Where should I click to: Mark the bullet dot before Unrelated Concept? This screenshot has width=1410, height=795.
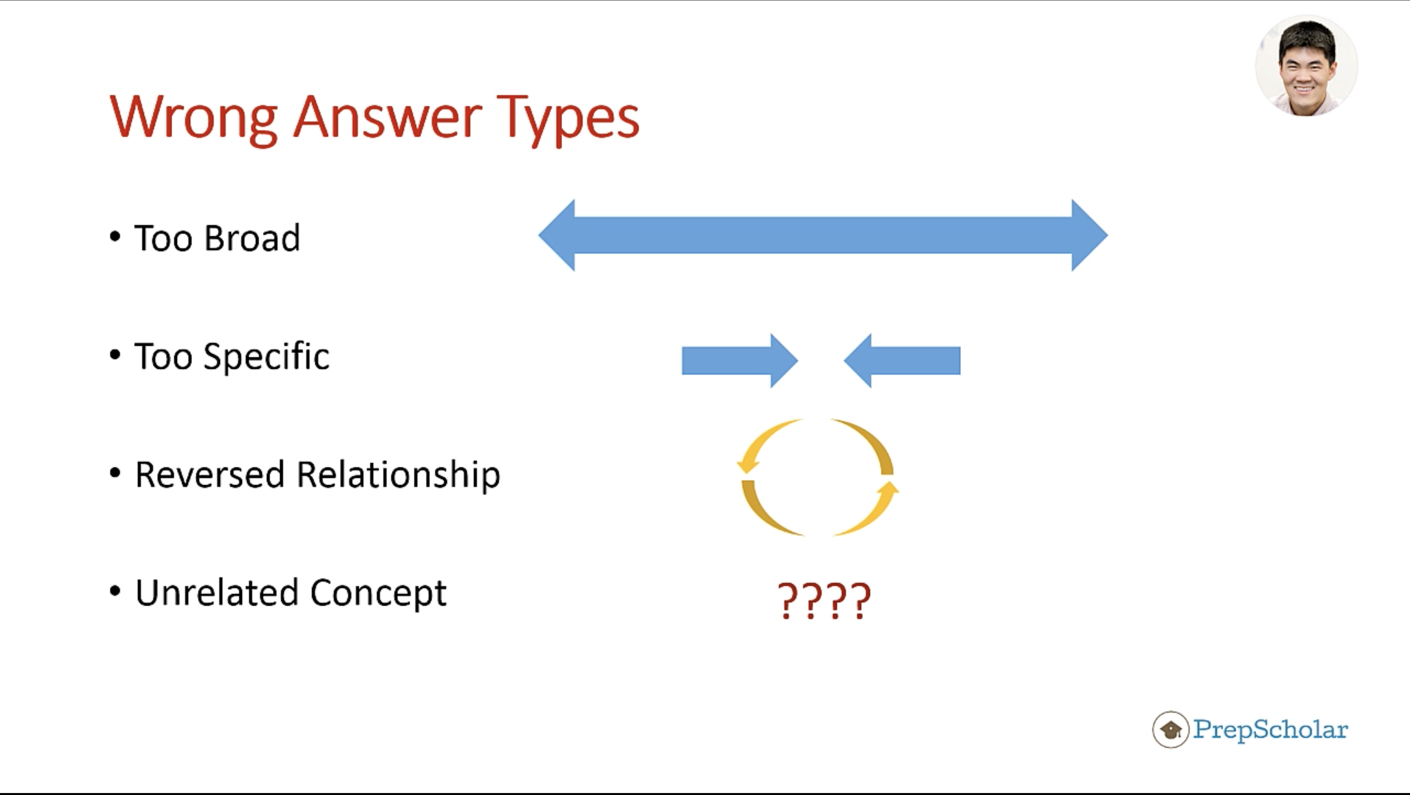pos(115,591)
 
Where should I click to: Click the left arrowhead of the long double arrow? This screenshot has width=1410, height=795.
pos(557,235)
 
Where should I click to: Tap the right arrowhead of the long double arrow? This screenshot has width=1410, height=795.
pos(1090,235)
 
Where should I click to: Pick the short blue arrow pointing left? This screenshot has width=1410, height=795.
pos(902,361)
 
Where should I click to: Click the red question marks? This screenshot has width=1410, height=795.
pos(824,601)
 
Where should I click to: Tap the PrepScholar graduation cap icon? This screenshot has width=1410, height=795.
pos(1171,729)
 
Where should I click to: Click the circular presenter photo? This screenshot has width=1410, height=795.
pos(1307,66)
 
